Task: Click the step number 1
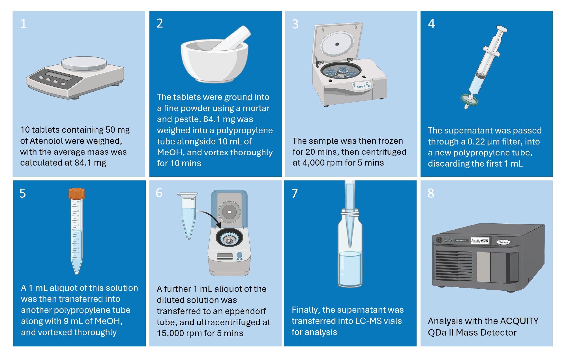click(x=23, y=24)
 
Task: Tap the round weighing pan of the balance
click(x=84, y=64)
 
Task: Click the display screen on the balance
click(x=60, y=76)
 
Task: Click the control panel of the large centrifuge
click(x=361, y=85)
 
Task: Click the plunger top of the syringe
click(x=501, y=29)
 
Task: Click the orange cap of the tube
click(x=76, y=194)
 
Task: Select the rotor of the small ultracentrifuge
click(x=229, y=238)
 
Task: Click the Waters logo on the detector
click(x=503, y=242)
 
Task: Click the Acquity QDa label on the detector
click(x=479, y=241)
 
